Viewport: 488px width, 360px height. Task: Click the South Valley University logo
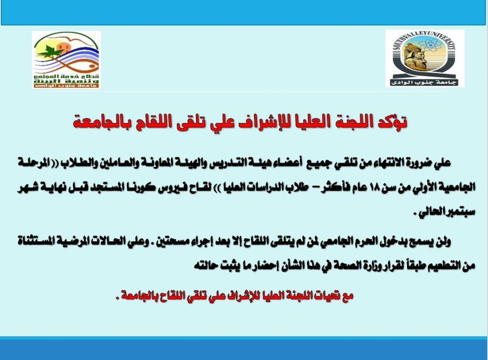coord(425,58)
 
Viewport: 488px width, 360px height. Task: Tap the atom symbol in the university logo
coord(431,46)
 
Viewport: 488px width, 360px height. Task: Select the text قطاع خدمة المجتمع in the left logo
coord(67,76)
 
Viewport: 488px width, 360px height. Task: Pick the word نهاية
coord(58,187)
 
